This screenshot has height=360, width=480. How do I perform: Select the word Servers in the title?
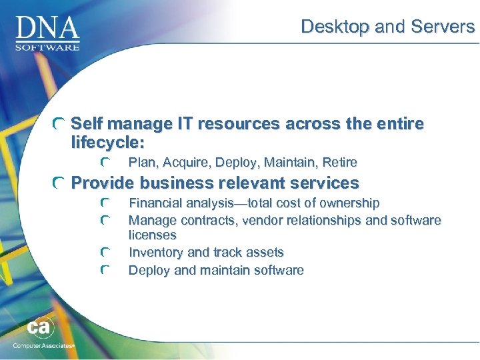click(x=447, y=27)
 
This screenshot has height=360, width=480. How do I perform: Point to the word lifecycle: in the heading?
click(x=108, y=142)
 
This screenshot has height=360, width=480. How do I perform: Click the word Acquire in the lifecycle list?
click(x=183, y=163)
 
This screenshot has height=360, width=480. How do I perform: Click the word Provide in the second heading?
click(x=103, y=183)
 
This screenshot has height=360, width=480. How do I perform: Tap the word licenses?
click(x=152, y=235)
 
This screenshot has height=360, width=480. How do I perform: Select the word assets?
click(x=265, y=253)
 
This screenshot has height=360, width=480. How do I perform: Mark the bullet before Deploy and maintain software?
click(x=105, y=271)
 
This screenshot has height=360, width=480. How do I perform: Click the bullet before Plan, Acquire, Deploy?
click(x=105, y=163)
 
